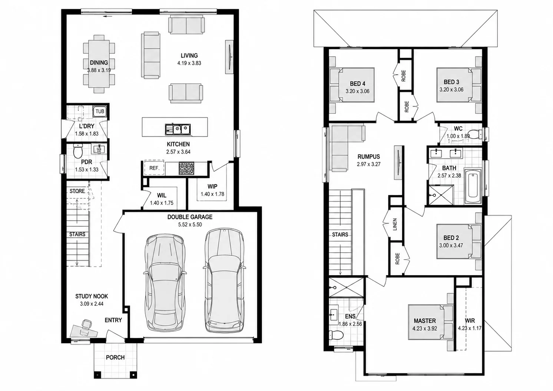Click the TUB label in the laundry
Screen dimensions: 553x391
(x=100, y=111)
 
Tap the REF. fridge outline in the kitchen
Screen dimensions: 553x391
(x=154, y=168)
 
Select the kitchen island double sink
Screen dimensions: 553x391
(x=178, y=129)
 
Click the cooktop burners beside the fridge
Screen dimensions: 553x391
(x=186, y=168)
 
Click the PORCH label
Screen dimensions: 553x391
(x=115, y=357)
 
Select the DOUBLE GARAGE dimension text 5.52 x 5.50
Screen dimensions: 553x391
(x=190, y=225)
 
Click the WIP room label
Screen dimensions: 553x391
(x=212, y=187)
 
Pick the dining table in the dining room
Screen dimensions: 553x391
(x=99, y=64)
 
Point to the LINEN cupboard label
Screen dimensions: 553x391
(x=395, y=224)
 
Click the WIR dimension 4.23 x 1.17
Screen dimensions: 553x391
(x=470, y=328)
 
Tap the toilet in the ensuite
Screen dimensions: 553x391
(x=336, y=335)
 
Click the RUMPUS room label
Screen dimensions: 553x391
(x=368, y=157)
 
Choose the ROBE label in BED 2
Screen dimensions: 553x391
(x=397, y=259)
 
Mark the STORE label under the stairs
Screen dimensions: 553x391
(x=77, y=191)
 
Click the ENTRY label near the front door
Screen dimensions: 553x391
(x=113, y=320)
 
